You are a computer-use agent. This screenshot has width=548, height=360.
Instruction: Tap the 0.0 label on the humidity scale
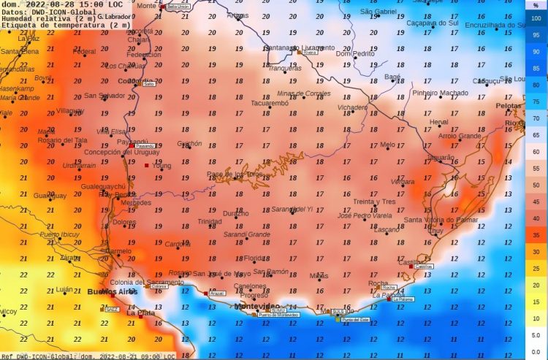point(536,334)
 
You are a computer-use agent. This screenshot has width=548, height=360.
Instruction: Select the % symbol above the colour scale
point(536,6)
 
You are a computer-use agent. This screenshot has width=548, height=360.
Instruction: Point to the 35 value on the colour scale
point(536,235)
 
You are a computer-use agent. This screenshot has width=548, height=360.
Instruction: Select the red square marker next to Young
point(146,166)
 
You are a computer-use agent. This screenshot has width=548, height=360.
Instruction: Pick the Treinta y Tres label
point(373,202)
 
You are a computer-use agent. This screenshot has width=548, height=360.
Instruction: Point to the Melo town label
point(387,145)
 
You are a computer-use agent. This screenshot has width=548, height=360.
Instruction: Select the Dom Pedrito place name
point(354,53)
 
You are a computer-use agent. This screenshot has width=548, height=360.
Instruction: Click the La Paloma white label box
point(403,299)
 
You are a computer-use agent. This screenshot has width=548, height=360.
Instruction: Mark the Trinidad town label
point(210,221)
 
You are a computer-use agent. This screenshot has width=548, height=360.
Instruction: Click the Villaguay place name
point(71,110)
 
